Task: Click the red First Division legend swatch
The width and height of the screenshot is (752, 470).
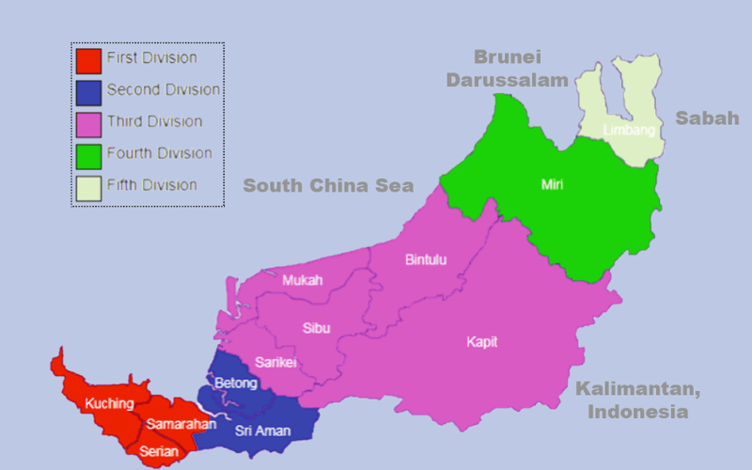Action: (x=88, y=60)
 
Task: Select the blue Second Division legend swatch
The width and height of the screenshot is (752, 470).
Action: (x=88, y=92)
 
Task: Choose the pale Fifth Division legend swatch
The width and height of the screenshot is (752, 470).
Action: (x=88, y=187)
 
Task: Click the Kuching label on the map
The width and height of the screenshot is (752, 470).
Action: (x=109, y=404)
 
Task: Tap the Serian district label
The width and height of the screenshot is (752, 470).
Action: (x=158, y=450)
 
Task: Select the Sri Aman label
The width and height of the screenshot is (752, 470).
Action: (x=261, y=431)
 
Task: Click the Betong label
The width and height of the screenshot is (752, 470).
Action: (x=235, y=384)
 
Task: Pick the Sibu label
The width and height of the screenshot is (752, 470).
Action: (x=316, y=328)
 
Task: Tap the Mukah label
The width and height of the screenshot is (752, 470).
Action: (x=302, y=280)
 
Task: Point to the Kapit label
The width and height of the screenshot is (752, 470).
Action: (x=482, y=341)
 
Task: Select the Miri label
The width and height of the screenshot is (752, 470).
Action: (x=552, y=184)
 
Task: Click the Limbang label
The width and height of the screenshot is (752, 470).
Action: (x=629, y=130)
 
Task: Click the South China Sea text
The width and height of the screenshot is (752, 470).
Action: (x=328, y=186)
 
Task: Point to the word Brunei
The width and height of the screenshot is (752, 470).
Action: (x=509, y=57)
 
